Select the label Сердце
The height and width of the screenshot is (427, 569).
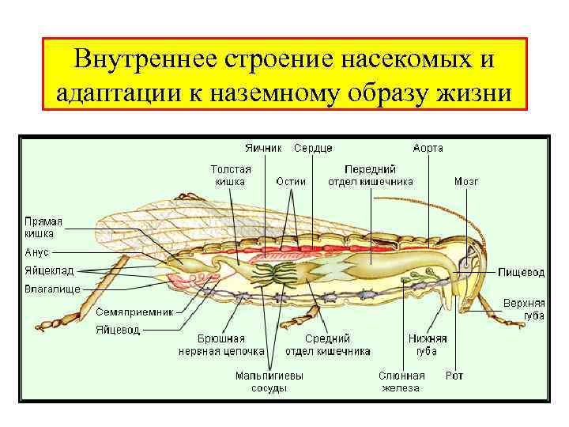[x=313, y=148]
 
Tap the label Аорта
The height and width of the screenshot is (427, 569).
[x=428, y=148]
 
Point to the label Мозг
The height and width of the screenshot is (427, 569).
[x=465, y=181]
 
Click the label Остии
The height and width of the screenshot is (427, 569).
[x=290, y=181]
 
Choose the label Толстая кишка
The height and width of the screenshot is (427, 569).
[x=230, y=175]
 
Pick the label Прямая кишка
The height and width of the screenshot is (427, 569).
[x=43, y=228]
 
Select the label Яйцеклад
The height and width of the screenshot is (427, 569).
[x=49, y=270]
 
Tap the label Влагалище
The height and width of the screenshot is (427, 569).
[x=51, y=289]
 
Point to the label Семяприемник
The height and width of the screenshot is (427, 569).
[x=134, y=312]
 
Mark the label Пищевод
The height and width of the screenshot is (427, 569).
[x=521, y=272]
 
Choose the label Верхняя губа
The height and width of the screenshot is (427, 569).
[x=524, y=309]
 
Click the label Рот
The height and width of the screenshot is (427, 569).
[x=454, y=376]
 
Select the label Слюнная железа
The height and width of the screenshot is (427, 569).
[x=401, y=382]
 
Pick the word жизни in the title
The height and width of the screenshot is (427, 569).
[x=473, y=93]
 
